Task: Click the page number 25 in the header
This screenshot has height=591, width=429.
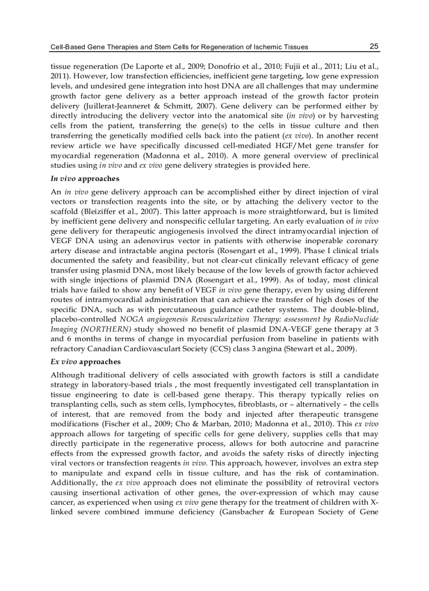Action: point(374,46)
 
